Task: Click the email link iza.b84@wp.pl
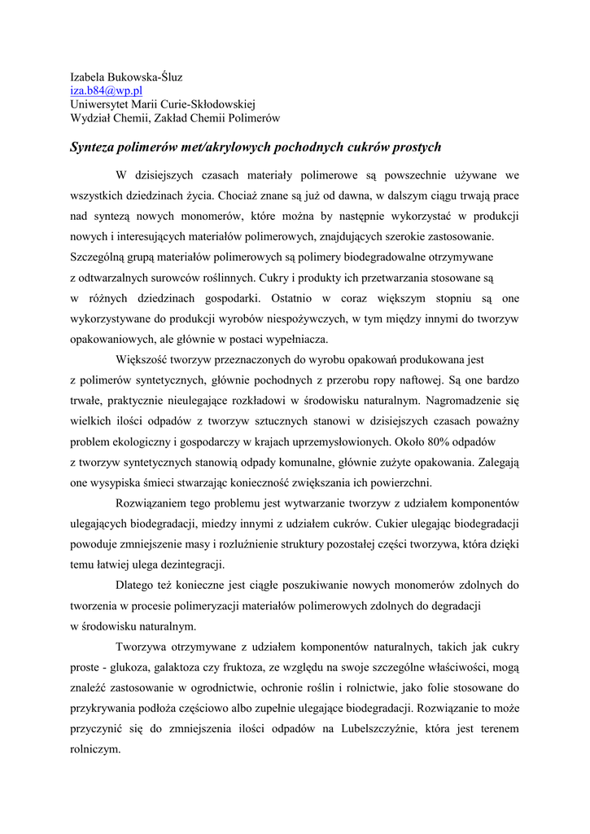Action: (x=106, y=91)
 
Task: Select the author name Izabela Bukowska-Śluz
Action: (x=126, y=77)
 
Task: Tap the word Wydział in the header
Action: (x=90, y=118)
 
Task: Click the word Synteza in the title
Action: (x=93, y=147)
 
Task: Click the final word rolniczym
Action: (x=96, y=749)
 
